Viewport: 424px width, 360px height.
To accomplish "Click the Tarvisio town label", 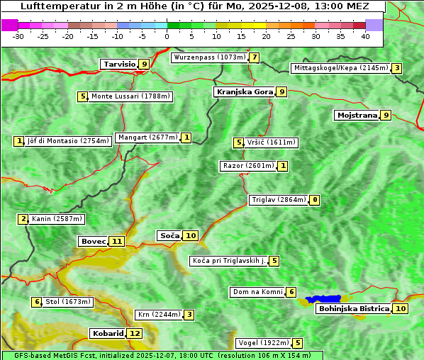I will coord(119,64).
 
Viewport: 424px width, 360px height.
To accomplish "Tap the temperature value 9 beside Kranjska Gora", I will coord(281,91).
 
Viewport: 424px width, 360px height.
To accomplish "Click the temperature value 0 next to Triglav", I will coord(314,200).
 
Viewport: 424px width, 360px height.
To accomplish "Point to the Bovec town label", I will coord(93,241).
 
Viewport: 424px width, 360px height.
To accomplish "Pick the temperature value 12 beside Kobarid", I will coord(134,333).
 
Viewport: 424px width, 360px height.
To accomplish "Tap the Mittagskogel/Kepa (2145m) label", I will coord(340,68).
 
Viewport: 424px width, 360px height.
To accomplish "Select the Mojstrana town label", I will coord(357,115).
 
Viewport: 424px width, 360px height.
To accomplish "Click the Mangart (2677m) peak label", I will coord(147,137).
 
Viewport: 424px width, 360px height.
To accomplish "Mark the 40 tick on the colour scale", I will coord(365,36).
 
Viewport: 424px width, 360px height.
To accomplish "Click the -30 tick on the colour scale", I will coord(18,36).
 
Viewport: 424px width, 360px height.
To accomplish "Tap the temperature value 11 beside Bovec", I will coord(117,241).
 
